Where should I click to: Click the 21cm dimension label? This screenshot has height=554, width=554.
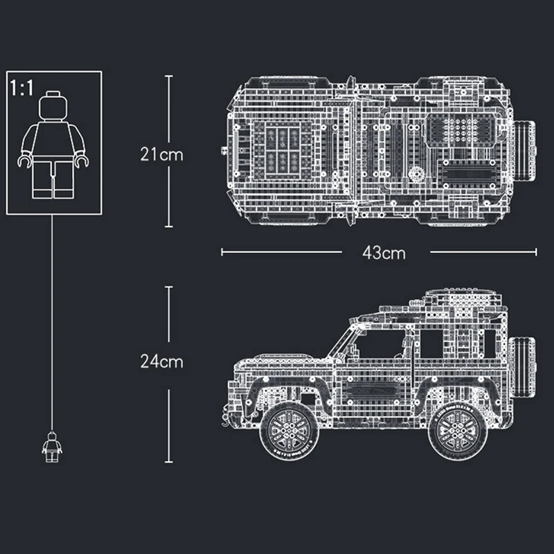click(162, 154)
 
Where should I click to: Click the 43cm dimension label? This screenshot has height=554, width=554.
click(384, 253)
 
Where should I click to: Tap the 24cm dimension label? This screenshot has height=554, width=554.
click(162, 361)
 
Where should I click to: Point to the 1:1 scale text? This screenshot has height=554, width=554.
click(21, 88)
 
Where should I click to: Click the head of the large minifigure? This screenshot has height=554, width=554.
click(53, 106)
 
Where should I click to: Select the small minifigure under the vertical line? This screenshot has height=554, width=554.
click(52, 447)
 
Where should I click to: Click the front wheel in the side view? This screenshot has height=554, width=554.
click(289, 431)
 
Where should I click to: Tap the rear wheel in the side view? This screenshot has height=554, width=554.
click(458, 431)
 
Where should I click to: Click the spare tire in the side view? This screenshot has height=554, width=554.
click(522, 368)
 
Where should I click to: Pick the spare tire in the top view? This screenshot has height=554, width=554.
click(525, 151)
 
